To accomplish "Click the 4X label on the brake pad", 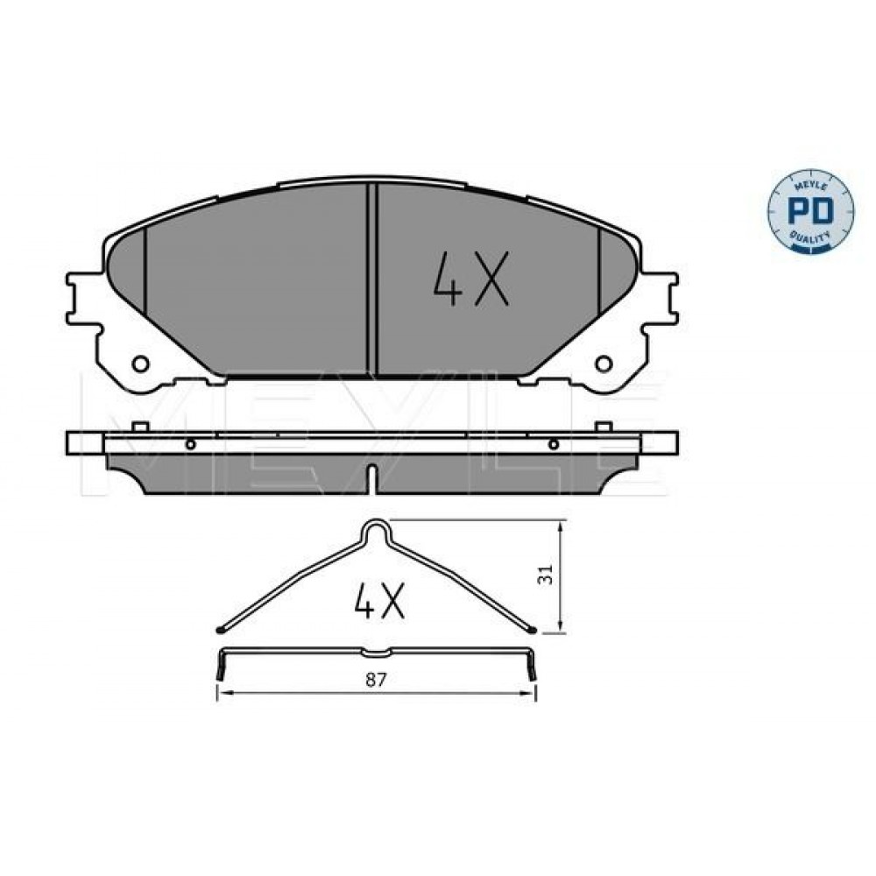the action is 471,279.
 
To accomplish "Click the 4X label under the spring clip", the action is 378,601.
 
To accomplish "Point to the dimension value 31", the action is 545,575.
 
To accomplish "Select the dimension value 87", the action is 376,680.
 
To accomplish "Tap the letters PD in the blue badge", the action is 810,211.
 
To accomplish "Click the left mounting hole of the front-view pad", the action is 140,364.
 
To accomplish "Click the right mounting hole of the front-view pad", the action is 604,364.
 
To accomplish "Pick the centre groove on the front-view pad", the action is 372,279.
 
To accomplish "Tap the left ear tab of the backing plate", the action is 85,298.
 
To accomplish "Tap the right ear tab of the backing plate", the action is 660,298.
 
